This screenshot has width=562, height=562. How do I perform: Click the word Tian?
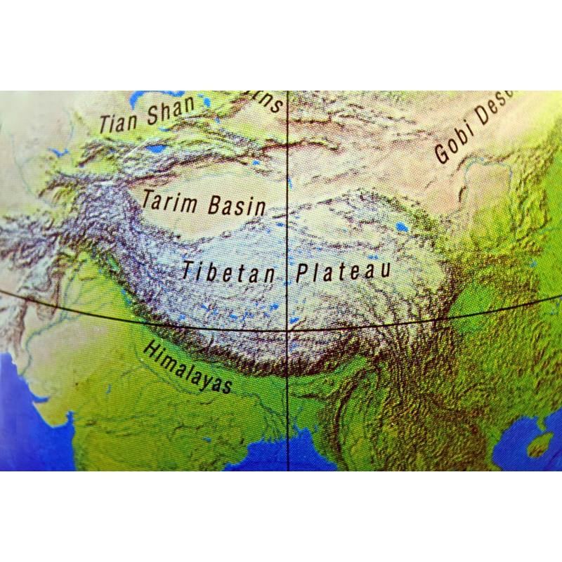click(x=119, y=122)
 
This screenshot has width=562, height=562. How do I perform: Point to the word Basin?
click(x=237, y=206)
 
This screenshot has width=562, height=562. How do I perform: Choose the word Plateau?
click(x=342, y=271)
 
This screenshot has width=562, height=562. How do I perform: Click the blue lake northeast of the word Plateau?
click(x=401, y=227)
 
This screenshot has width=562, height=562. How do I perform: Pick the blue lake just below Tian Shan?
click(x=156, y=149)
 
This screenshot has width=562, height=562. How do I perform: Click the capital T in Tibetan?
click(x=187, y=270)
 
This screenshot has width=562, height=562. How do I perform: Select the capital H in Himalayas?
click(x=149, y=349)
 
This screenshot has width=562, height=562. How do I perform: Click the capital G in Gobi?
click(x=442, y=155)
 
